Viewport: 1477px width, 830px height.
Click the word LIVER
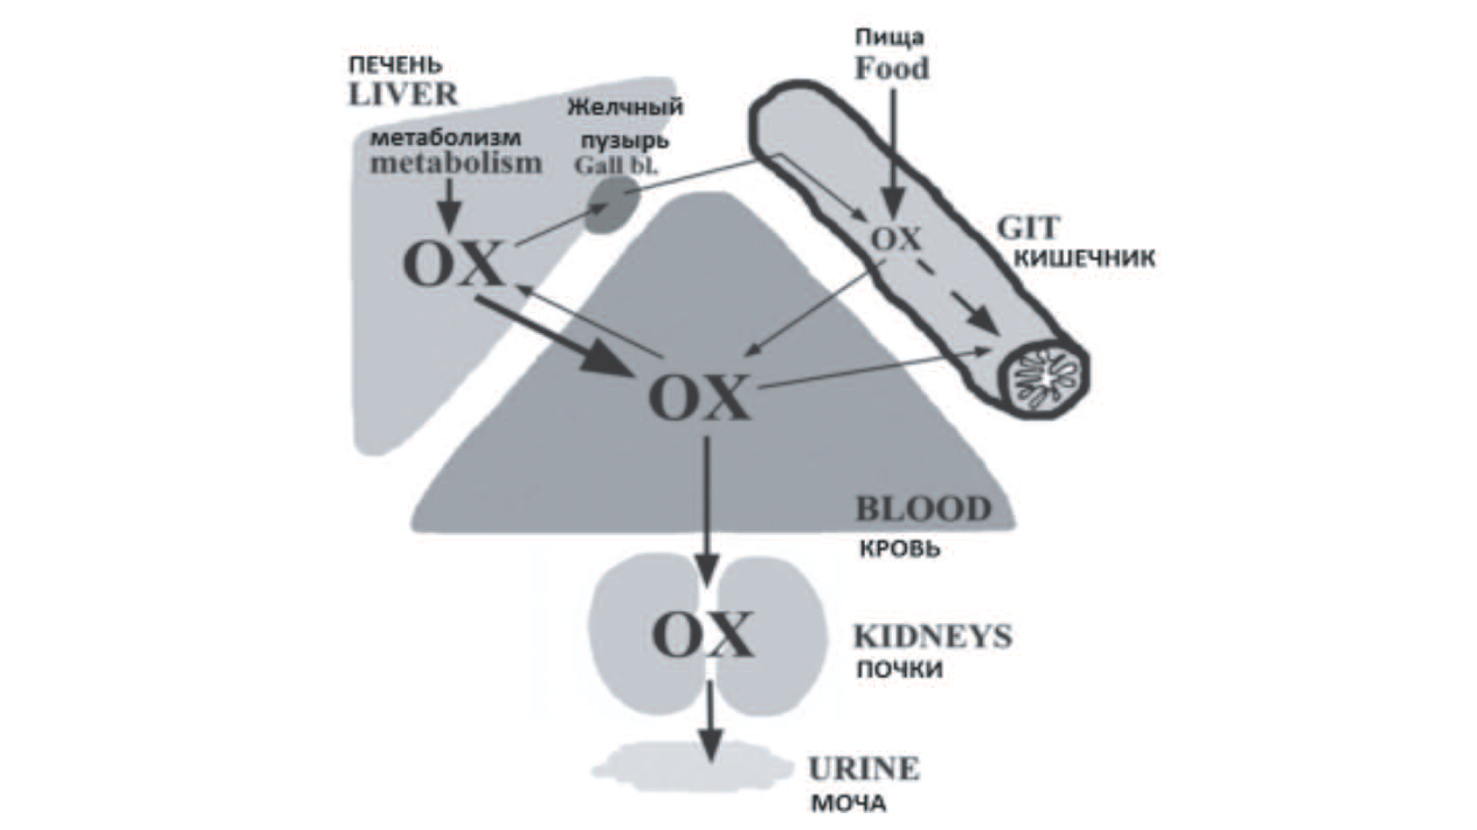tap(403, 94)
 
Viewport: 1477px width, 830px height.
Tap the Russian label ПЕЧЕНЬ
tap(396, 66)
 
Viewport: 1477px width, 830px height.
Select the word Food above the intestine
tap(891, 68)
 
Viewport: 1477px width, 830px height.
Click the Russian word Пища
tap(889, 38)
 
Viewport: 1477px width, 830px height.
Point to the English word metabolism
tap(456, 163)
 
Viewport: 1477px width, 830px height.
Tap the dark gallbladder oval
tap(613, 204)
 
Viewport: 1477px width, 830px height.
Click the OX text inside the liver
tap(453, 265)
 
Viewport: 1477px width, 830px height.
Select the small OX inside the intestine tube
tap(896, 239)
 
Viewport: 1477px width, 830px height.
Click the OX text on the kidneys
tap(702, 635)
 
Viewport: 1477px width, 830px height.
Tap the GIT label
tap(1028, 227)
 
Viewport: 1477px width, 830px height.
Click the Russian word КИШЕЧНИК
tap(1085, 259)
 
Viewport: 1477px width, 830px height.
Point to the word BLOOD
tap(923, 510)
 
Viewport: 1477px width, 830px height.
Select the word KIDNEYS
tap(932, 636)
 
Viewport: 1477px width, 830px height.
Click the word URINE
tap(863, 769)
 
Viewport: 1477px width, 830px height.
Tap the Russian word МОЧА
tap(849, 803)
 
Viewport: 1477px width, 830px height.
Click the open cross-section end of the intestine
tap(1045, 374)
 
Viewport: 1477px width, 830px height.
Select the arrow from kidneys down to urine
tap(711, 720)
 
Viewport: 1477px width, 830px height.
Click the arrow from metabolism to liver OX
tap(449, 203)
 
